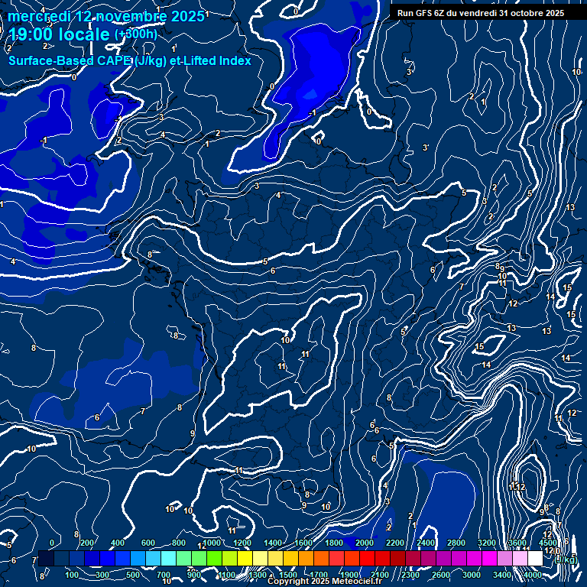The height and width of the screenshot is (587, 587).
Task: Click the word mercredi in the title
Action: point(34,16)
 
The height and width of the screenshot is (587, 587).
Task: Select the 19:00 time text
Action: point(31,34)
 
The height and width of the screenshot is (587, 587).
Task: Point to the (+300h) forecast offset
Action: point(136,34)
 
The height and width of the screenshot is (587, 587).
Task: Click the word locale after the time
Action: point(84,34)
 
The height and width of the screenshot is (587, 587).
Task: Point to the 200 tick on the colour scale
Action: point(86,543)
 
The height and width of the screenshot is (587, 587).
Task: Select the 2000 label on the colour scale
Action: point(365,543)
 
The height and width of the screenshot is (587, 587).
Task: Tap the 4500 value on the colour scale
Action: point(548,543)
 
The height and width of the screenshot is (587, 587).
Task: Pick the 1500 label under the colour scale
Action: point(288,575)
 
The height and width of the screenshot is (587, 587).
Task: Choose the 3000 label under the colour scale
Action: point(472,575)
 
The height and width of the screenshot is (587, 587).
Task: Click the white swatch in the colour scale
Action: point(535,559)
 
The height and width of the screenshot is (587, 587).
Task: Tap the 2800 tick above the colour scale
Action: point(457,543)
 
